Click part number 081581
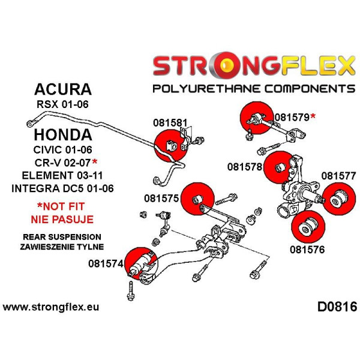(170, 123)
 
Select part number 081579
(292, 118)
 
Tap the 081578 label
(245, 167)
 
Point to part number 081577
(338, 176)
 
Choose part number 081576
(307, 250)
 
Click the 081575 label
(161, 199)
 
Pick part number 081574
(106, 263)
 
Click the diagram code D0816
(337, 307)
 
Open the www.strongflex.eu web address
(51, 307)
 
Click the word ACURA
(63, 89)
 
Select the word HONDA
(63, 135)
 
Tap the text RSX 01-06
(62, 104)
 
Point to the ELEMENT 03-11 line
(62, 176)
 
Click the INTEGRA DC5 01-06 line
(62, 188)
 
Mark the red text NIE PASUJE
(62, 220)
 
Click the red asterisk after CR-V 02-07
(94, 161)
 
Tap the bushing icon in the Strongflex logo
(226, 65)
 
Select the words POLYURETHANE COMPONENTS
(254, 89)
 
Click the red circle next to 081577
(339, 199)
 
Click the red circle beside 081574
(141, 264)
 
